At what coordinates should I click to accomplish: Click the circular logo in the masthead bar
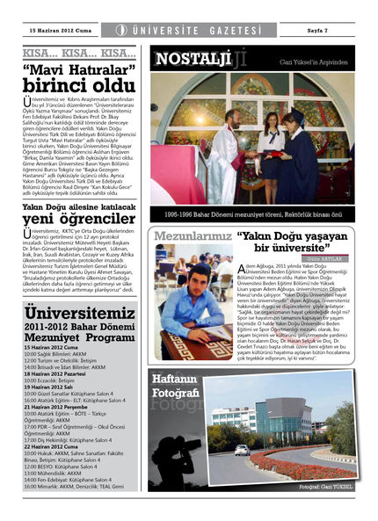(x=121, y=31)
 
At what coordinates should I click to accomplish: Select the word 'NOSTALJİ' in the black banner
(x=181, y=60)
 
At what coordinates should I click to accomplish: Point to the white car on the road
(x=241, y=449)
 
